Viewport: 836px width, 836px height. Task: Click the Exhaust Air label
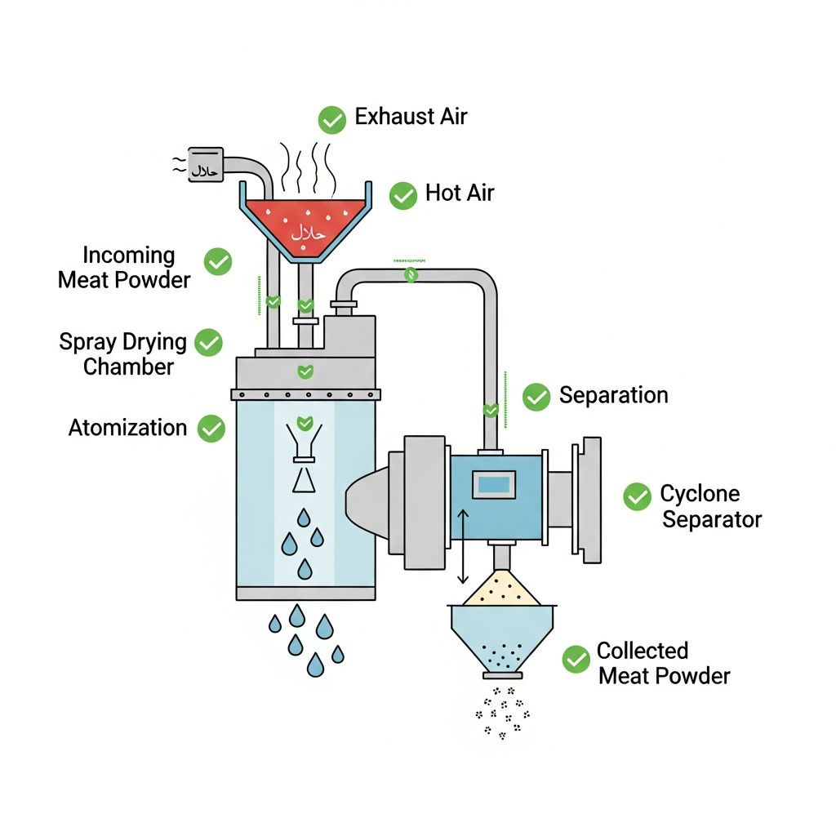click(x=411, y=117)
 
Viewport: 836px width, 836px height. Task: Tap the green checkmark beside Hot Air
click(x=403, y=196)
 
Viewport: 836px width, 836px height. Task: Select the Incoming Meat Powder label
click(x=124, y=268)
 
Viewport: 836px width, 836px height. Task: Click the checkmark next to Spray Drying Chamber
click(x=208, y=342)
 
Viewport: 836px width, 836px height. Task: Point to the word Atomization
click(x=127, y=428)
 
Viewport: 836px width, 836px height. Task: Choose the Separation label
click(x=614, y=396)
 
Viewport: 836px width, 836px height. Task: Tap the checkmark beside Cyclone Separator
click(x=637, y=496)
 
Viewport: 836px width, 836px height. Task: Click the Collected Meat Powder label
click(x=664, y=663)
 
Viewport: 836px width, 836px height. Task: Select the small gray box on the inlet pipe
click(x=206, y=165)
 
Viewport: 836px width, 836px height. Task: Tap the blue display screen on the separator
click(x=494, y=485)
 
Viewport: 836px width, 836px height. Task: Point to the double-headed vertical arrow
click(x=463, y=546)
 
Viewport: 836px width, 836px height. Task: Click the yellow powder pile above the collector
click(x=500, y=589)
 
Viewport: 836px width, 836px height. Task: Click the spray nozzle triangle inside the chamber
click(x=304, y=479)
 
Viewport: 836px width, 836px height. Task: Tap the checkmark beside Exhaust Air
click(x=331, y=120)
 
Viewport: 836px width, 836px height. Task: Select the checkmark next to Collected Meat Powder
click(x=576, y=660)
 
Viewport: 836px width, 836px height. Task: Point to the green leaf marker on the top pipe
click(x=411, y=274)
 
